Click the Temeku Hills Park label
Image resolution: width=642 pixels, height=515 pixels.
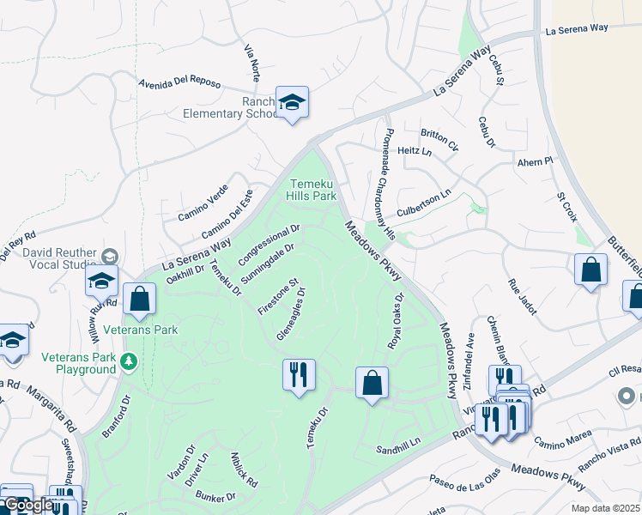(312, 190)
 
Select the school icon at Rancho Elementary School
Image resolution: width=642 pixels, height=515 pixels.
(292, 104)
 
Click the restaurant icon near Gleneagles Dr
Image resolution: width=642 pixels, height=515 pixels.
(299, 374)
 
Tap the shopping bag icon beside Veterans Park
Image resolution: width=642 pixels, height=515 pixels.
(139, 300)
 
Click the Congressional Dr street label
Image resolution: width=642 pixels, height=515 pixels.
(269, 245)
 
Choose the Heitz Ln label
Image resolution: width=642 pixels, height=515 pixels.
(415, 151)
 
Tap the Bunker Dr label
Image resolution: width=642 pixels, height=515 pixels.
(215, 496)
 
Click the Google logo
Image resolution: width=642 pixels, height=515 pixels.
(27, 505)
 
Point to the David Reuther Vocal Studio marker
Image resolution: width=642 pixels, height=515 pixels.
(109, 256)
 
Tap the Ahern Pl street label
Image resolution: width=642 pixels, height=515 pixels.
(536, 161)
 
